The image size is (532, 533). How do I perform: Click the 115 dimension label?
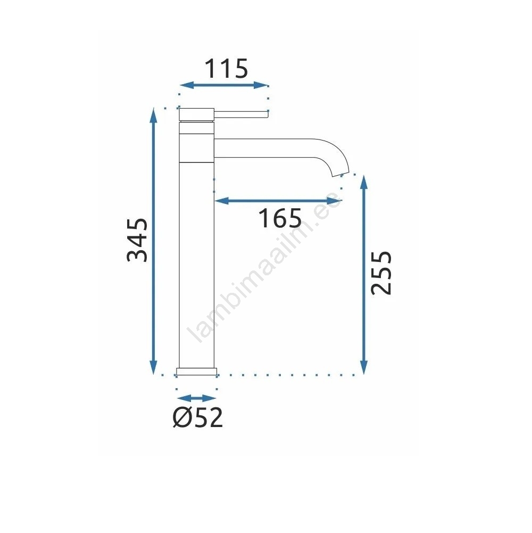[x=226, y=69]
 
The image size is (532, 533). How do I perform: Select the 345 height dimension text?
[x=137, y=240]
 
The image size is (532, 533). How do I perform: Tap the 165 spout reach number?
[x=280, y=218]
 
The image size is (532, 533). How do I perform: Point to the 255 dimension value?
[x=381, y=273]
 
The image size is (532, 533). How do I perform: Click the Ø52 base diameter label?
[x=198, y=417]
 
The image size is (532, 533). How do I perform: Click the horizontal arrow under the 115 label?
[x=224, y=85]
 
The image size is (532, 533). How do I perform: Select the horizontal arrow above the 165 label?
[x=278, y=201]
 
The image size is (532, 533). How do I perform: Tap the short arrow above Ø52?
[x=197, y=398]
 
